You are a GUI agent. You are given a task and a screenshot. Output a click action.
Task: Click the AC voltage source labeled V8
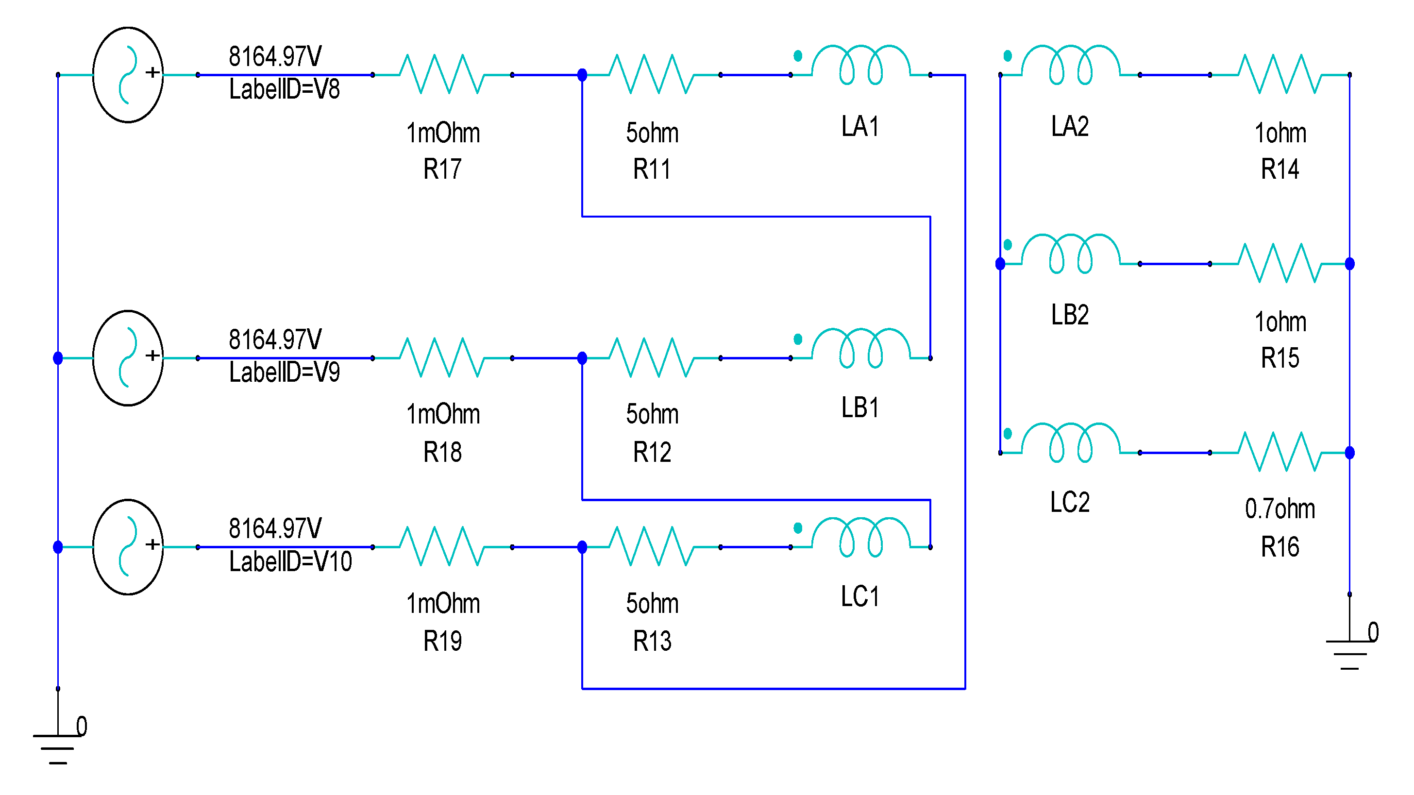click(x=128, y=75)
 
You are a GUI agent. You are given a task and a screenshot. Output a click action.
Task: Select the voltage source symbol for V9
click(x=128, y=358)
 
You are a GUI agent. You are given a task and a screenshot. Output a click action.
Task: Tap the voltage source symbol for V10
click(x=128, y=547)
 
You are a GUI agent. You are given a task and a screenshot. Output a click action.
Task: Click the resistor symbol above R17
click(x=442, y=74)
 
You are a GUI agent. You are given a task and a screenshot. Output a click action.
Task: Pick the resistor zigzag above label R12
click(x=652, y=357)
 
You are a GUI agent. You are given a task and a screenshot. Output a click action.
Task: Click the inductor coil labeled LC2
click(x=1070, y=443)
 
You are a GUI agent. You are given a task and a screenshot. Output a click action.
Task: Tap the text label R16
click(x=1279, y=547)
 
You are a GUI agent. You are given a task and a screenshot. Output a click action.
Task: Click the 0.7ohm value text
click(x=1279, y=509)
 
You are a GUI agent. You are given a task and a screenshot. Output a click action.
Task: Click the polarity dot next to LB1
click(x=798, y=339)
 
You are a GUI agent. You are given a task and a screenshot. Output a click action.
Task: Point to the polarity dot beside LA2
click(x=1008, y=55)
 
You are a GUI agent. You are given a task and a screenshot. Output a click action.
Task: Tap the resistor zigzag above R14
click(x=1279, y=74)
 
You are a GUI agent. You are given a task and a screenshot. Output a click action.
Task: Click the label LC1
click(x=860, y=596)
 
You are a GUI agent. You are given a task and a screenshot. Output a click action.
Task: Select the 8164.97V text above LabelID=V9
click(x=275, y=339)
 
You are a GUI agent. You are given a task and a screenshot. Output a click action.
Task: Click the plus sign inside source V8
click(x=152, y=72)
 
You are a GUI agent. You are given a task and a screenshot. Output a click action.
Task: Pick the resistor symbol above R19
click(x=442, y=546)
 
